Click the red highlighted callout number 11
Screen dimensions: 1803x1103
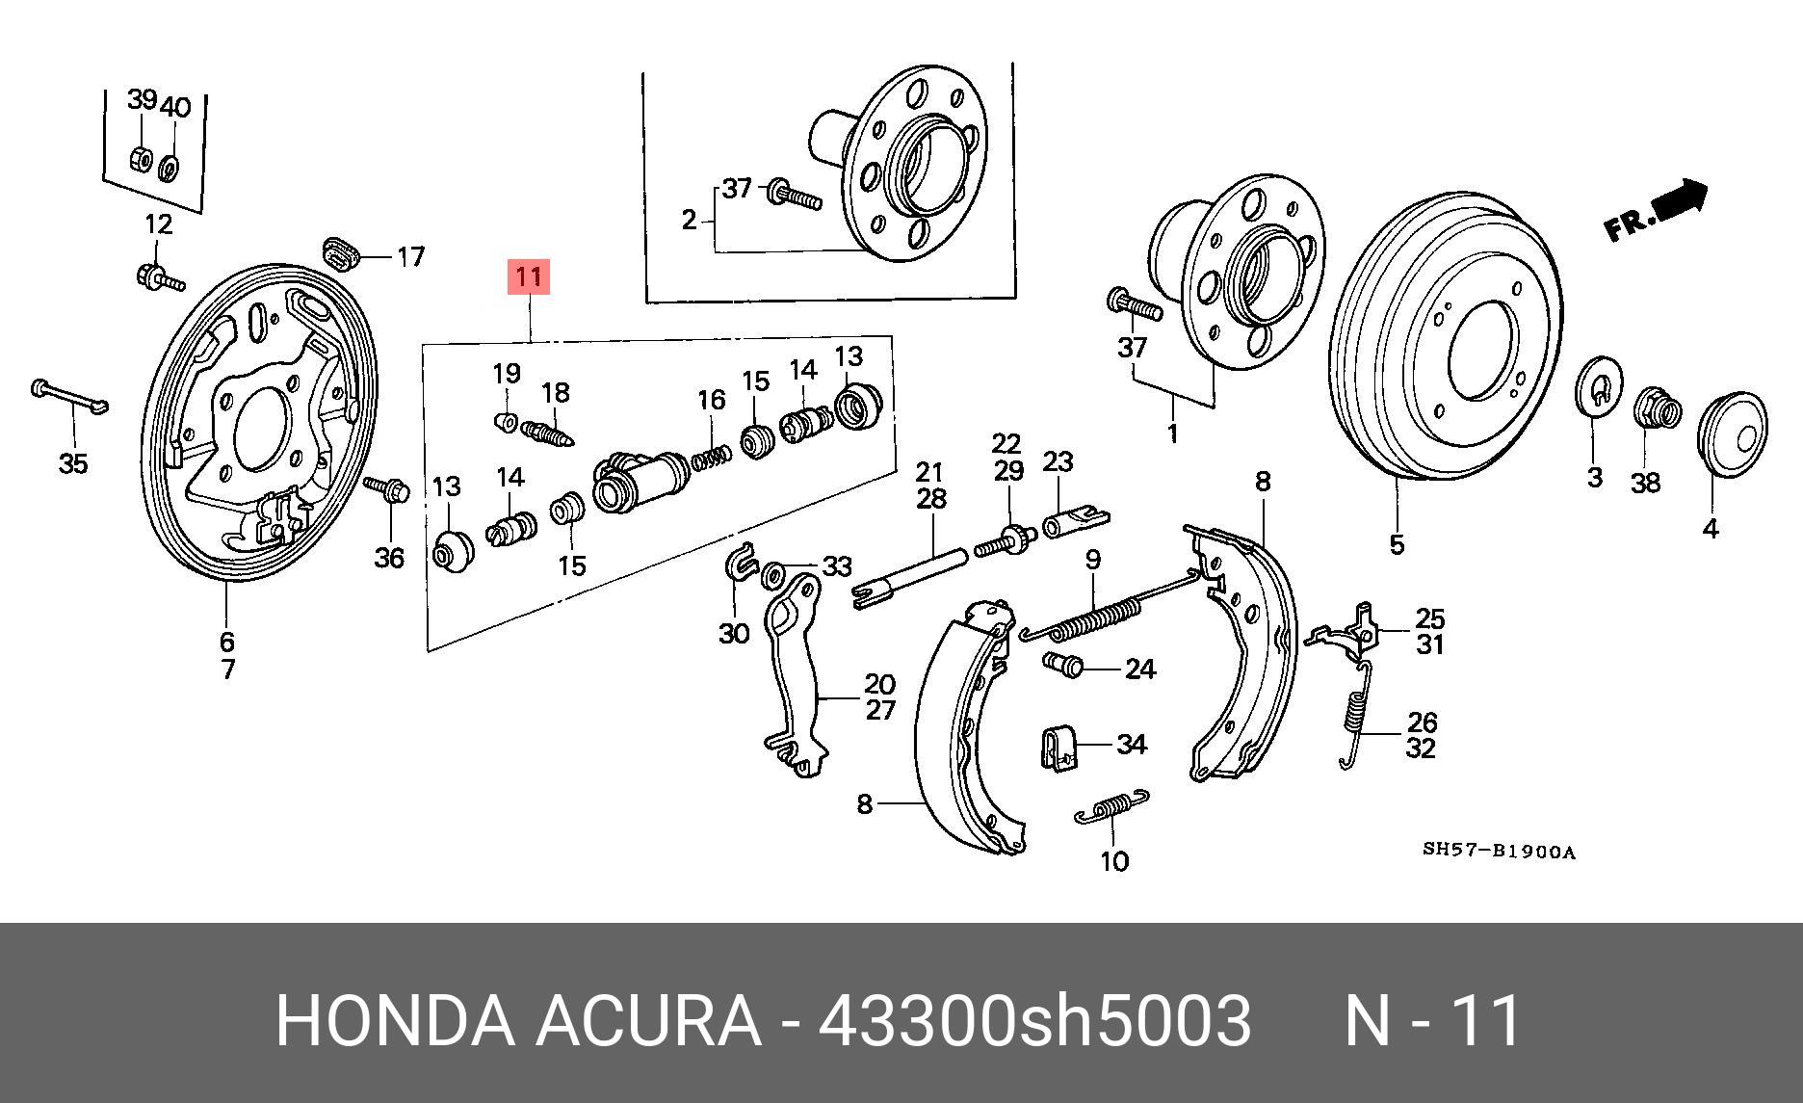click(528, 277)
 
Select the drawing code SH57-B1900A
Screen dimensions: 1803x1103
click(1499, 852)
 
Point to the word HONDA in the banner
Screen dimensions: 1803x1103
click(395, 1020)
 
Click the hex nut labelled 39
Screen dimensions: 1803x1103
click(140, 158)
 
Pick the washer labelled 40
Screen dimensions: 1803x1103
click(170, 168)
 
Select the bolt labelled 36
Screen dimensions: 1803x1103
click(388, 490)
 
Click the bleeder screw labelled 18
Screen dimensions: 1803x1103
click(550, 430)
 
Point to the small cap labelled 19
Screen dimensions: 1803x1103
click(506, 421)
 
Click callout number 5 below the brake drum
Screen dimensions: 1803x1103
click(1397, 545)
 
